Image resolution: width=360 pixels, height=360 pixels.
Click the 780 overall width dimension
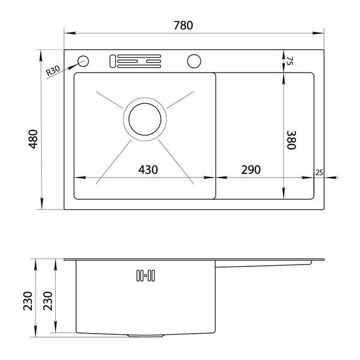pos(183,25)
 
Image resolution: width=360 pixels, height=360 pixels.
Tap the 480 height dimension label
pos(33,139)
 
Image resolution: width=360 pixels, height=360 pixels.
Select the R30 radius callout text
pos(53,70)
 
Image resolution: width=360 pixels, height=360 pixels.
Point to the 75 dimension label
pos(290,61)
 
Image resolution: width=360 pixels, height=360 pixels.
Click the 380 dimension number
pos(292,140)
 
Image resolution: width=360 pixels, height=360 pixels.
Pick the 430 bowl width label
pos(148,170)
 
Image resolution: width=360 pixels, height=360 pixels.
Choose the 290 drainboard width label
pos(251,170)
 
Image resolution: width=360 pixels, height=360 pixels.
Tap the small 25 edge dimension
pos(319,172)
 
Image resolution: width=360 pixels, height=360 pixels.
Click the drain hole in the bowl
pos(145,119)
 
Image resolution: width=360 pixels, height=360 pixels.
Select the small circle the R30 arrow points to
pos(83,61)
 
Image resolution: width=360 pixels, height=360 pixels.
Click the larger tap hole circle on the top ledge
pos(194,61)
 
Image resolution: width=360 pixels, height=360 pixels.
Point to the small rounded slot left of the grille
pos(113,61)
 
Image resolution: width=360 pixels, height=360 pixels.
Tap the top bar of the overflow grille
pos(139,56)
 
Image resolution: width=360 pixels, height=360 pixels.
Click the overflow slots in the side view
pos(146,275)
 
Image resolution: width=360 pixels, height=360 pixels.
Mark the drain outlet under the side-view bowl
pos(146,336)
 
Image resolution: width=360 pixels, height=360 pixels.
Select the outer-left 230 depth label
pos(28,301)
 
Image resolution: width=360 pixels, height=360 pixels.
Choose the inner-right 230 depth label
pos(48,301)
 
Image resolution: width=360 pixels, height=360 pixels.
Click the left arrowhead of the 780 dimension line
pos(70,33)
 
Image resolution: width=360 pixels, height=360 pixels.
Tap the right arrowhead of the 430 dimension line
pos(209,177)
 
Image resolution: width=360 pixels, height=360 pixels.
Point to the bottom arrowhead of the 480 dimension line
pos(41,204)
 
